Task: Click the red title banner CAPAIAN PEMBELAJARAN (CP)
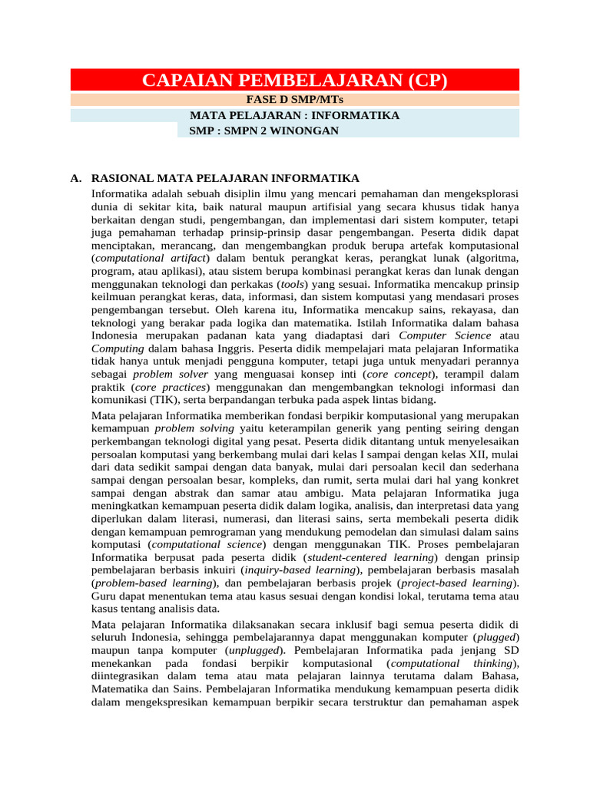[294, 81]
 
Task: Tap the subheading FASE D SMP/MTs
[294, 100]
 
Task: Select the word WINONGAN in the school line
[305, 130]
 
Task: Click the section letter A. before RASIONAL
[75, 178]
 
